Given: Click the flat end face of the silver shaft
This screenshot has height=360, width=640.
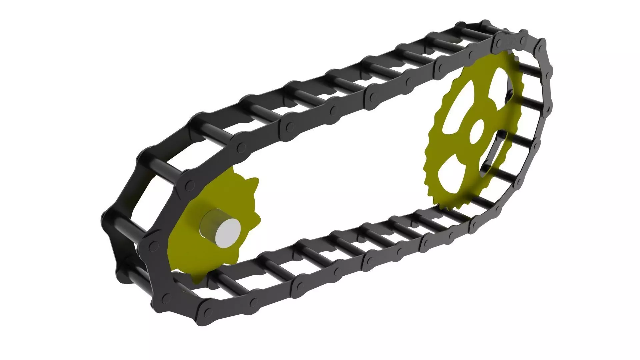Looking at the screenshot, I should coord(228,233).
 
